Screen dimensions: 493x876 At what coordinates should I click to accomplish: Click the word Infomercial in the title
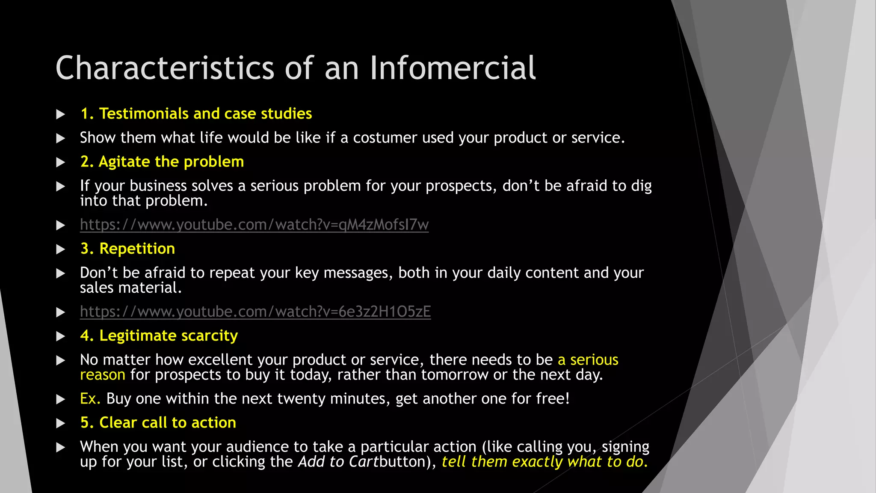452,68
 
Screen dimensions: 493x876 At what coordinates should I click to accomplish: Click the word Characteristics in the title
165,68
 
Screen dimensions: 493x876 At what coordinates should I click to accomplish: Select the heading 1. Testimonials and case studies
196,114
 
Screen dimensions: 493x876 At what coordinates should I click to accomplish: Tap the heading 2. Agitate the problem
162,162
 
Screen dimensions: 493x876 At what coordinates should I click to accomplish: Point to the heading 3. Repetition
127,249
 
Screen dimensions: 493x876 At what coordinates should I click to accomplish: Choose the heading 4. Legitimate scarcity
159,336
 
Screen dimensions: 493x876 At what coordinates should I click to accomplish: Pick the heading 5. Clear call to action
158,423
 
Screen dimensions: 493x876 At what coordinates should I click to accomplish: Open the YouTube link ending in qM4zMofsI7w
254,225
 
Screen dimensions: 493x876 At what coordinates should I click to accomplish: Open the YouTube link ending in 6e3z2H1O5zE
255,312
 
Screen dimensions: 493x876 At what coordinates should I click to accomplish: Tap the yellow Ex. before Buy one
90,399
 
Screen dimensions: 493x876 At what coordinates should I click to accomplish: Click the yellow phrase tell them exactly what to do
545,462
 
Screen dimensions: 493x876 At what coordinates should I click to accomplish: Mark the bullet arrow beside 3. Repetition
61,249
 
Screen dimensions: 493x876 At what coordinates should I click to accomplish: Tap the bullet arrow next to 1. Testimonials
61,114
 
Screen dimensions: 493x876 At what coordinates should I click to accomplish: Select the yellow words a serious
588,360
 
